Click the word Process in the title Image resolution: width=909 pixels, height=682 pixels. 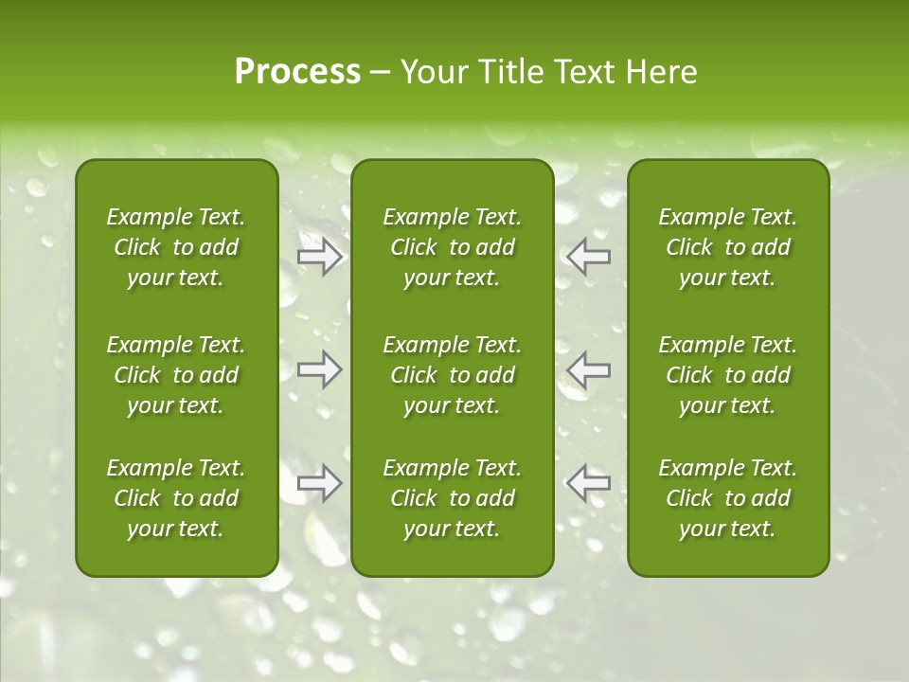(297, 72)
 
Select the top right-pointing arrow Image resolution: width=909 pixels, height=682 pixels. (319, 256)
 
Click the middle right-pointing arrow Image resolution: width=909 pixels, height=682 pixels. (319, 369)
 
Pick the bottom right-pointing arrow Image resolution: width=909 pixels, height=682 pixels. (319, 483)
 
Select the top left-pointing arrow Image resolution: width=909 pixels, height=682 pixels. (589, 256)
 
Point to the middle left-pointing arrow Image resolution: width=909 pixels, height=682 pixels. (589, 369)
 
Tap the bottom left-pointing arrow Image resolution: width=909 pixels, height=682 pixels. (589, 483)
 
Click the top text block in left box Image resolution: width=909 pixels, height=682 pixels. (176, 247)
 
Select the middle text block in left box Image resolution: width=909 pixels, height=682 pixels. (176, 375)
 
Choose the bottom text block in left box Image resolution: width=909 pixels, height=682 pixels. (176, 498)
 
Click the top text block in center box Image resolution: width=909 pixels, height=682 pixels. (452, 247)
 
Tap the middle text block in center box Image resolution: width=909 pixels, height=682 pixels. (452, 375)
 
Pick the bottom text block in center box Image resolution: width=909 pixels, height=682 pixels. (452, 498)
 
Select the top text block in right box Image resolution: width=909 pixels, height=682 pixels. (727, 247)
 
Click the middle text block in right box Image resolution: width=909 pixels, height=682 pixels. (727, 375)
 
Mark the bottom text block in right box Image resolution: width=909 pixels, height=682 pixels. (727, 498)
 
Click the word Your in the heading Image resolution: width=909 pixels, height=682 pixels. (430, 72)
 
